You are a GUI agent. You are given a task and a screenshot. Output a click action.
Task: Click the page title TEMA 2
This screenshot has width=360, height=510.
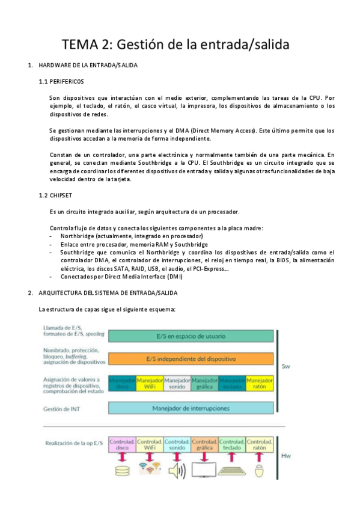(176, 45)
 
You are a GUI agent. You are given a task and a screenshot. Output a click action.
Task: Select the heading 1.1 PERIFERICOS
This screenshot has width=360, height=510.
(61, 81)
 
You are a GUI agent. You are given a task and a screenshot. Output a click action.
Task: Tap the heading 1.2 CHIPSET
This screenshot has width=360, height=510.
(57, 196)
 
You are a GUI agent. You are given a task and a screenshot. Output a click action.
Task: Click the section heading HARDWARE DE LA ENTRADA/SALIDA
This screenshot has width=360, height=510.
(88, 65)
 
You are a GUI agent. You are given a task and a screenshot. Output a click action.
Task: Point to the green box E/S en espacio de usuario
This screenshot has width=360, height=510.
(191, 336)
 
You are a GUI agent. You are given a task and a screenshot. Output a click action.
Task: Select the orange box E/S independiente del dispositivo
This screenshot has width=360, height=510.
(191, 359)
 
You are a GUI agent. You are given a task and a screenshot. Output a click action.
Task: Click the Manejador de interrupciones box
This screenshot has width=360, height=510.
(191, 408)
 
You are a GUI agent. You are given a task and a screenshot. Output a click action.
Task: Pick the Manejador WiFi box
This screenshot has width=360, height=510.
(150, 384)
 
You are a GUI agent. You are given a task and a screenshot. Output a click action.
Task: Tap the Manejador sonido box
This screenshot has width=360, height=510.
(177, 384)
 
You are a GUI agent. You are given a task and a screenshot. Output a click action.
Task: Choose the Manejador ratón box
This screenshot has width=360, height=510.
(260, 384)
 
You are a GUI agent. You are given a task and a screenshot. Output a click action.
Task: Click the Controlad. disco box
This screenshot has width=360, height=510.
(122, 444)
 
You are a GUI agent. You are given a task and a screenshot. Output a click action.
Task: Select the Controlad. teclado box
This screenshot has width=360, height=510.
(232, 444)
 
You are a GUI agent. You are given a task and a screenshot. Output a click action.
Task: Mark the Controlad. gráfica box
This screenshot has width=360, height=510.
(204, 444)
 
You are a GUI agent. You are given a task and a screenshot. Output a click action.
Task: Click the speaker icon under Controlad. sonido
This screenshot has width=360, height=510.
(177, 471)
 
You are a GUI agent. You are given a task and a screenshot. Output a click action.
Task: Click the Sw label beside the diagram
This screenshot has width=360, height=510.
(287, 365)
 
